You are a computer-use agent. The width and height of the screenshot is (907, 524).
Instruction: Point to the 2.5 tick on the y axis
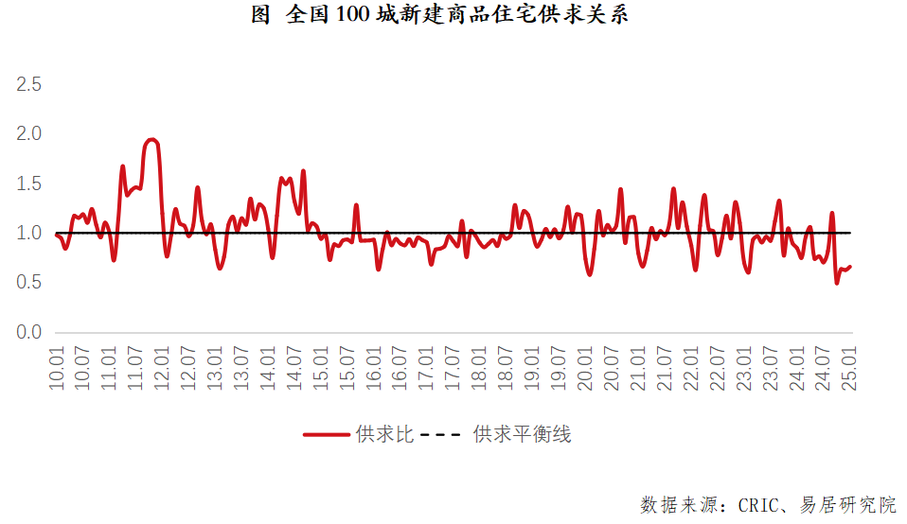pyautogui.click(x=29, y=84)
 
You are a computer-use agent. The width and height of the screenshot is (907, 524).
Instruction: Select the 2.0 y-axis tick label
pyautogui.click(x=29, y=134)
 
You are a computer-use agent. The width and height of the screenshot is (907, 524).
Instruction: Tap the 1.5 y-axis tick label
pyautogui.click(x=29, y=183)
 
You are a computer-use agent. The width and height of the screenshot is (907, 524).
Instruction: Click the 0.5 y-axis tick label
pyautogui.click(x=29, y=283)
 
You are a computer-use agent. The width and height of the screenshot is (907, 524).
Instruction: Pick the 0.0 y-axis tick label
pyautogui.click(x=29, y=333)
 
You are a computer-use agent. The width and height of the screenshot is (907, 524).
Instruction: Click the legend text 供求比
pyautogui.click(x=384, y=435)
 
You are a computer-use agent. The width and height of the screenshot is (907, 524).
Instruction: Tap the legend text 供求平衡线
pyautogui.click(x=522, y=435)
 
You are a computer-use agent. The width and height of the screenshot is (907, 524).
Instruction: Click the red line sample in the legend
pyautogui.click(x=327, y=435)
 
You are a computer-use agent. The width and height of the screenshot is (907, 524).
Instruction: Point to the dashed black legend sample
pyautogui.click(x=441, y=435)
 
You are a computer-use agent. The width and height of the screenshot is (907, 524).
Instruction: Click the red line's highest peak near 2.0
pyautogui.click(x=151, y=140)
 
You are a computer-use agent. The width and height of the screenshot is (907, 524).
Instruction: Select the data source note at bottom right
pyautogui.click(x=768, y=504)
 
